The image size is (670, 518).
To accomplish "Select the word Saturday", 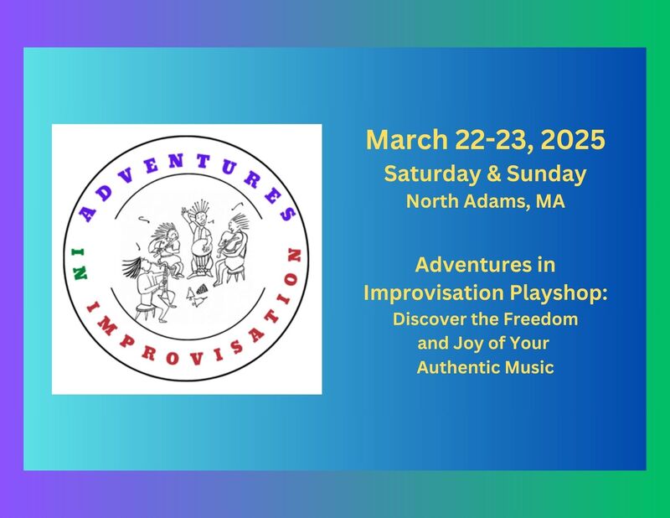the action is click(x=431, y=174).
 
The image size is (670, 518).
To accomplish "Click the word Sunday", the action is click(x=546, y=174).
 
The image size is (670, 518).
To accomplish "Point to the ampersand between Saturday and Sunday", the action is click(x=493, y=174).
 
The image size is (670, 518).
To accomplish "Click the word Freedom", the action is click(x=540, y=319).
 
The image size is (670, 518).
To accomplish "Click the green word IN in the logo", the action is click(x=80, y=264).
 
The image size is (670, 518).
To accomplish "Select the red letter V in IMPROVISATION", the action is click(x=196, y=358).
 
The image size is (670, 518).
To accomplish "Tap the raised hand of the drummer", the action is click(x=184, y=212).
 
